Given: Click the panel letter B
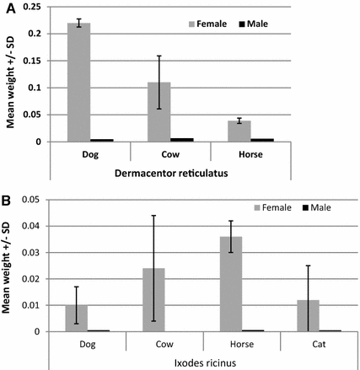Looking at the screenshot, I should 7,202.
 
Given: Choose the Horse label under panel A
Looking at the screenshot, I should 250,154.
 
